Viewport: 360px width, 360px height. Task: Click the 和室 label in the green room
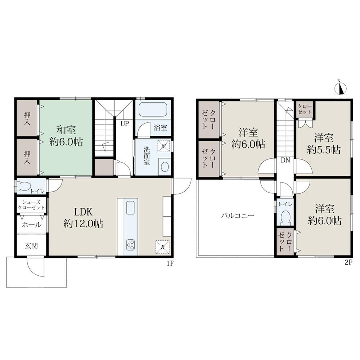pyautogui.click(x=66, y=130)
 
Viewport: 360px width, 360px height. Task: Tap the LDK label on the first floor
pyautogui.click(x=83, y=212)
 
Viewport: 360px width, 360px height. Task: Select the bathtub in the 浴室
pyautogui.click(x=153, y=109)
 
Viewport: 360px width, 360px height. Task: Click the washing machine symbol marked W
pyautogui.click(x=163, y=146)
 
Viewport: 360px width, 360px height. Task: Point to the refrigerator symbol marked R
pyautogui.click(x=163, y=247)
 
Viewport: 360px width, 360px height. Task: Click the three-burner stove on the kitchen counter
pyautogui.click(x=130, y=244)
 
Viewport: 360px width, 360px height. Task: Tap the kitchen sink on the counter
pyautogui.click(x=130, y=208)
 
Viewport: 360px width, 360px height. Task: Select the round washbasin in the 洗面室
pyautogui.click(x=165, y=167)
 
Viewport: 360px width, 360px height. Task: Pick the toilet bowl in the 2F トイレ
pyautogui.click(x=286, y=217)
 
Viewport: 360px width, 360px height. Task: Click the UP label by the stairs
pyautogui.click(x=125, y=124)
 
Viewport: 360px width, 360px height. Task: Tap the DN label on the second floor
pyautogui.click(x=285, y=160)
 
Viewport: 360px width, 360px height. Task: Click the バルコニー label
pyautogui.click(x=238, y=216)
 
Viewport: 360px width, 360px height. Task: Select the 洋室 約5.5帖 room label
pyautogui.click(x=324, y=144)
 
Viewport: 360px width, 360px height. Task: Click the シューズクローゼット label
pyautogui.click(x=31, y=205)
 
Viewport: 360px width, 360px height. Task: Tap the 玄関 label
pyautogui.click(x=31, y=246)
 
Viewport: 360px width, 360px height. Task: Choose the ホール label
pyautogui.click(x=31, y=225)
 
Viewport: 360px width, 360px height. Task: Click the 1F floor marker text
pyautogui.click(x=170, y=264)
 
